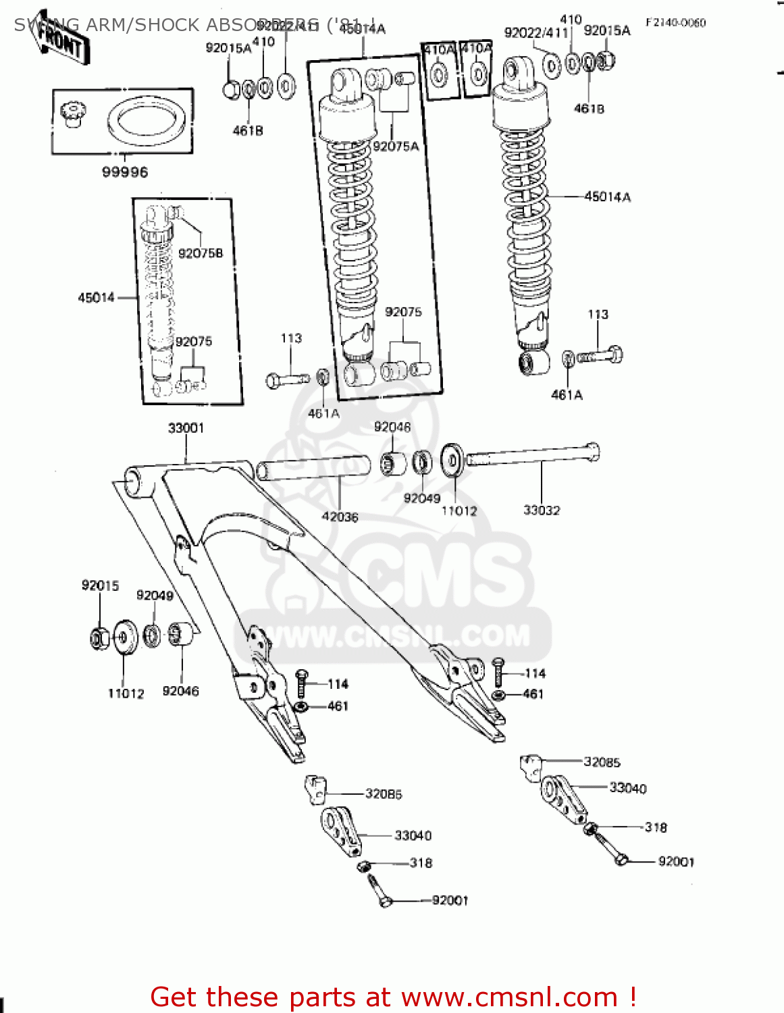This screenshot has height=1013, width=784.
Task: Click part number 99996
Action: coord(125,172)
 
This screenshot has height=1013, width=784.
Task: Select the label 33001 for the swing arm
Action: coord(186,428)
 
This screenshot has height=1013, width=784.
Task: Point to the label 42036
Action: coord(340,517)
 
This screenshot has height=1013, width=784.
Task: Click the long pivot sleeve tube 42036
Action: coord(314,468)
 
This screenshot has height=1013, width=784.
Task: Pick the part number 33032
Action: coord(542,511)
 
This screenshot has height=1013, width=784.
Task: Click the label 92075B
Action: coord(201,253)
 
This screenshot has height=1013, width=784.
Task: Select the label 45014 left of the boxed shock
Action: coord(96,298)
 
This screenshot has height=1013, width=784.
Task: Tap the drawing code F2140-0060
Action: coord(675,23)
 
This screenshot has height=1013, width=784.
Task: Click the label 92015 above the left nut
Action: coord(100,586)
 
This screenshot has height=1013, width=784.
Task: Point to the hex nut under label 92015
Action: coord(100,638)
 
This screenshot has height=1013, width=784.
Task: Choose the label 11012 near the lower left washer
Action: coord(126,694)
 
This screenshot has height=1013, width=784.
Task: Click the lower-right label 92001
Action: coord(676,862)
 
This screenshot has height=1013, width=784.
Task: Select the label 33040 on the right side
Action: coord(628,788)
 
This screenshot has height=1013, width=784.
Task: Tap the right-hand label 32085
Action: coord(602,762)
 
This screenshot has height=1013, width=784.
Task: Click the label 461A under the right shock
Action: coord(567,395)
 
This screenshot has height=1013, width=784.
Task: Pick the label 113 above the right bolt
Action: coord(598,315)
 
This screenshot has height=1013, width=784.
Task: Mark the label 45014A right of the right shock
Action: coord(607,197)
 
